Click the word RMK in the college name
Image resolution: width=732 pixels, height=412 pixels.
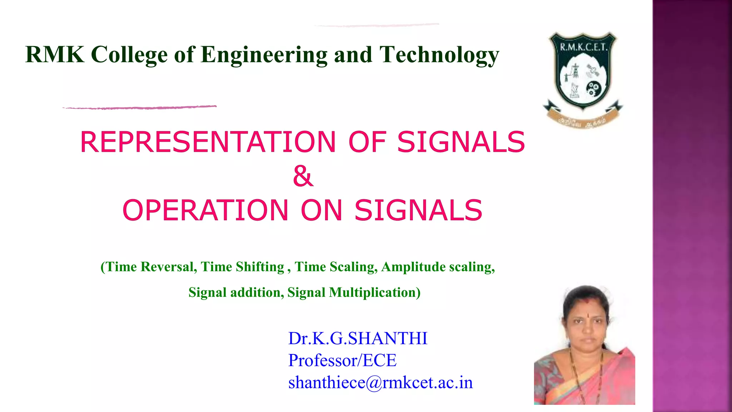tap(55, 55)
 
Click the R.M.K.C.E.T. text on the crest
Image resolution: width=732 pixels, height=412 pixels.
tap(583, 47)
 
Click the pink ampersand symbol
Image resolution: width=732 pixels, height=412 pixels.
tap(303, 176)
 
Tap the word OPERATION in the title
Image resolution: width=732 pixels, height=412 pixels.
tap(205, 210)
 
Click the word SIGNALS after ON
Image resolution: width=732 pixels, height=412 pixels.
tap(418, 210)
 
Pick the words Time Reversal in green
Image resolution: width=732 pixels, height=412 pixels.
tap(150, 267)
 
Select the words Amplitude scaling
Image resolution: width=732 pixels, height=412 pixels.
tap(438, 267)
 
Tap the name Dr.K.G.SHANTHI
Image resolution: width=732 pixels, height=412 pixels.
tap(358, 338)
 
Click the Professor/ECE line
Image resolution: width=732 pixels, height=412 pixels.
tap(342, 360)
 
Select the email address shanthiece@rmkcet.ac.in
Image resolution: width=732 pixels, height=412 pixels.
tap(380, 382)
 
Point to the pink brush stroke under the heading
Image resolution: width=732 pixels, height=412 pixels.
tap(139, 107)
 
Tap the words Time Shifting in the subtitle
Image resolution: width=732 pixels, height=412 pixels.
tap(242, 267)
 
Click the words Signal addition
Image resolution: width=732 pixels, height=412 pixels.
tap(236, 293)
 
